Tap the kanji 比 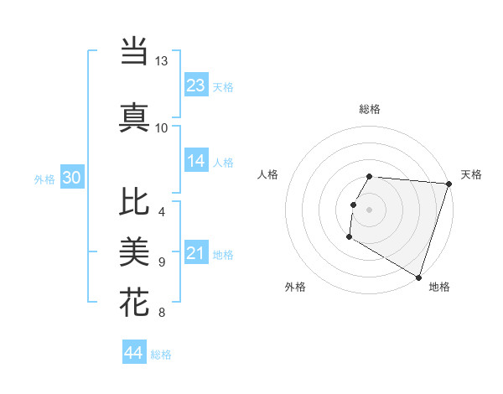pos(134,201)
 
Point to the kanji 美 pos(134,251)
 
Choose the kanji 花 pos(134,302)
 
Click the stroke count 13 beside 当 pos(161,61)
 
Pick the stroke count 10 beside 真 pos(161,127)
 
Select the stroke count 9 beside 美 pos(161,262)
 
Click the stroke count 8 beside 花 pos(161,313)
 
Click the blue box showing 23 pos(196,86)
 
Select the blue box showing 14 pos(196,161)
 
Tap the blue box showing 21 pos(196,253)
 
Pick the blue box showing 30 pos(72,178)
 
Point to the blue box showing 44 pos(134,353)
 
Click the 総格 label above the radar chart pos(369,109)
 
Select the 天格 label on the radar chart pos(471,174)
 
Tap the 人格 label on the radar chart pos(268,174)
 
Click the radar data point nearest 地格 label pos(418,277)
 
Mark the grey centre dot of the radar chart pos(369,209)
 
